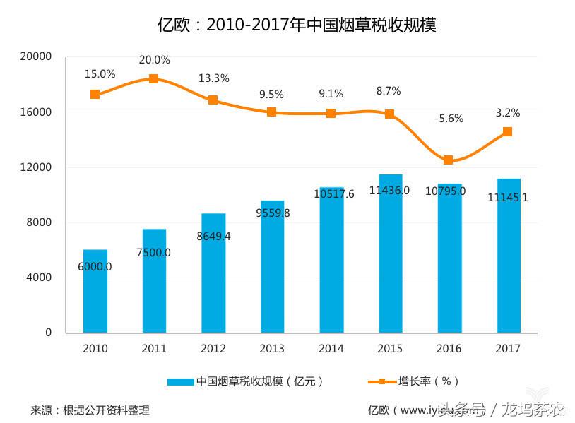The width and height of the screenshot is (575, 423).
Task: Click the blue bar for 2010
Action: click(95, 291)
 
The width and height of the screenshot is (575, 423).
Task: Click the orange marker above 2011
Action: click(154, 79)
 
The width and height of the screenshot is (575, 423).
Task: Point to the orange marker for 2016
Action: click(449, 160)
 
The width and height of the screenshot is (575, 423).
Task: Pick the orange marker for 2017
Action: click(508, 131)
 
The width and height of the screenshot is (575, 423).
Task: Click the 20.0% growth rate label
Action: click(154, 60)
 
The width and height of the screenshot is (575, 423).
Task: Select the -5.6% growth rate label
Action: click(449, 119)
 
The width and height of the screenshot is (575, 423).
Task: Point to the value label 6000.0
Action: click(95, 267)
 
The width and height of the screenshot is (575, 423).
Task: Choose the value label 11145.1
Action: click(507, 198)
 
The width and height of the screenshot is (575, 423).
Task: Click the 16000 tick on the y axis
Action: click(39, 112)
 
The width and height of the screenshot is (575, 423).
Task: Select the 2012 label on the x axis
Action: click(213, 349)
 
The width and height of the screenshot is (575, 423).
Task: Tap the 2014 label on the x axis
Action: click(331, 349)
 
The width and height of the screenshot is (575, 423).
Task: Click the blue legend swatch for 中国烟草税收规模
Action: click(180, 381)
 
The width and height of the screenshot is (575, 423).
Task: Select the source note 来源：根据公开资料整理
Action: click(90, 410)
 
